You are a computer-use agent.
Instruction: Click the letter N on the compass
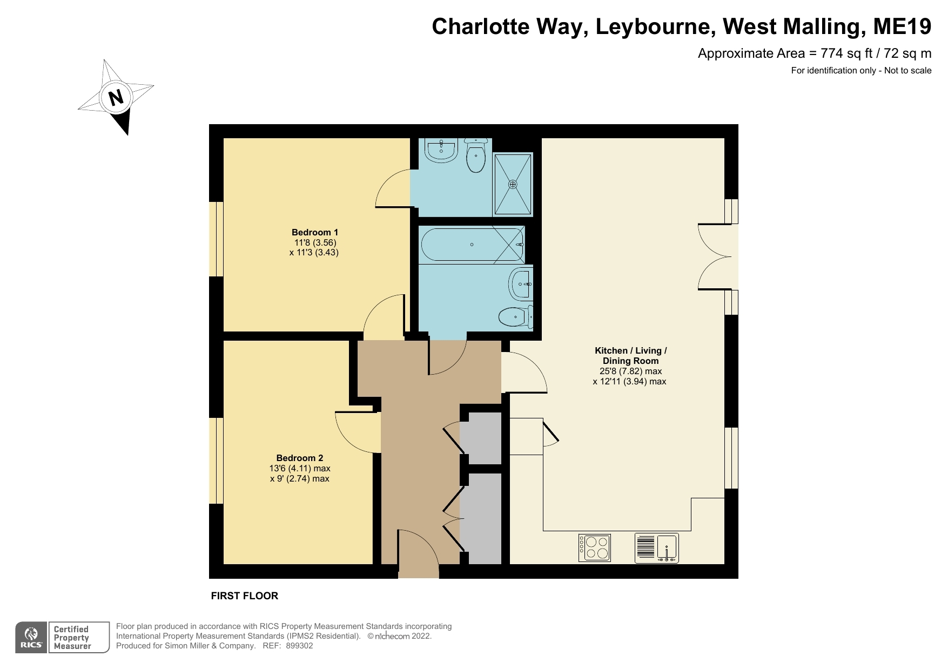click(116, 97)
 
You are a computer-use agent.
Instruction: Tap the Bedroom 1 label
click(314, 233)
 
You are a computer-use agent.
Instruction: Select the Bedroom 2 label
click(299, 458)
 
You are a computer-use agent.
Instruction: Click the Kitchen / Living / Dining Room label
click(630, 356)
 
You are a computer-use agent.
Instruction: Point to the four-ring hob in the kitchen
click(595, 547)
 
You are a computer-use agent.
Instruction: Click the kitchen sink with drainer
click(656, 548)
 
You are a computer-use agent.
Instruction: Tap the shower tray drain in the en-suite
click(512, 184)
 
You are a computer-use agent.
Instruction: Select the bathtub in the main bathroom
click(472, 245)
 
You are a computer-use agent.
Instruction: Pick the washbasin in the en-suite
click(441, 150)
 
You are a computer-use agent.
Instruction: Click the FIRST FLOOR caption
click(244, 596)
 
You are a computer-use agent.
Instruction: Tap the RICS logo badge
click(31, 638)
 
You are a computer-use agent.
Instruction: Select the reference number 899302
click(299, 646)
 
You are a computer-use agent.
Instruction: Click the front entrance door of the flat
click(419, 553)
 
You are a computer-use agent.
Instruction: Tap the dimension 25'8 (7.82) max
click(630, 371)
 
